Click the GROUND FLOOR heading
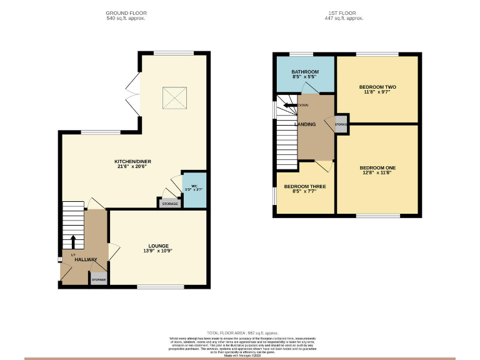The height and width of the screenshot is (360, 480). click(122, 12)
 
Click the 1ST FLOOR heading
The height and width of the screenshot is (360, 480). click(346, 12)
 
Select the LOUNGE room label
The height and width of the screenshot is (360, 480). click(159, 246)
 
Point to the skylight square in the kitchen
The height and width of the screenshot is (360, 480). click(174, 97)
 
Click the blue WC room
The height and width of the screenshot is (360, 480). click(194, 189)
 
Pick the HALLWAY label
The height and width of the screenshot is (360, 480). click(86, 259)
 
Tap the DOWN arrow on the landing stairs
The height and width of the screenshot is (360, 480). click(289, 105)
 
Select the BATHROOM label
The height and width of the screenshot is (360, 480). click(305, 72)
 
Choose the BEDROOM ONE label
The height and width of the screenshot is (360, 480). click(377, 167)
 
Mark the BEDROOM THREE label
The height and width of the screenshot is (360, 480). click(305, 186)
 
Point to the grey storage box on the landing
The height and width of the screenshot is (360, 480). click(341, 124)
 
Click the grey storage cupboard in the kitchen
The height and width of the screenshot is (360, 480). click(170, 204)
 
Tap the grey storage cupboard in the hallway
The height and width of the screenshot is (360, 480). click(99, 279)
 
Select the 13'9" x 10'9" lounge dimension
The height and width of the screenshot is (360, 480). click(159, 251)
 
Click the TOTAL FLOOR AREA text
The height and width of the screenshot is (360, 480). click(242, 333)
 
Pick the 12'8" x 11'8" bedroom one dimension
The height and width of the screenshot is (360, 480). click(377, 173)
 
